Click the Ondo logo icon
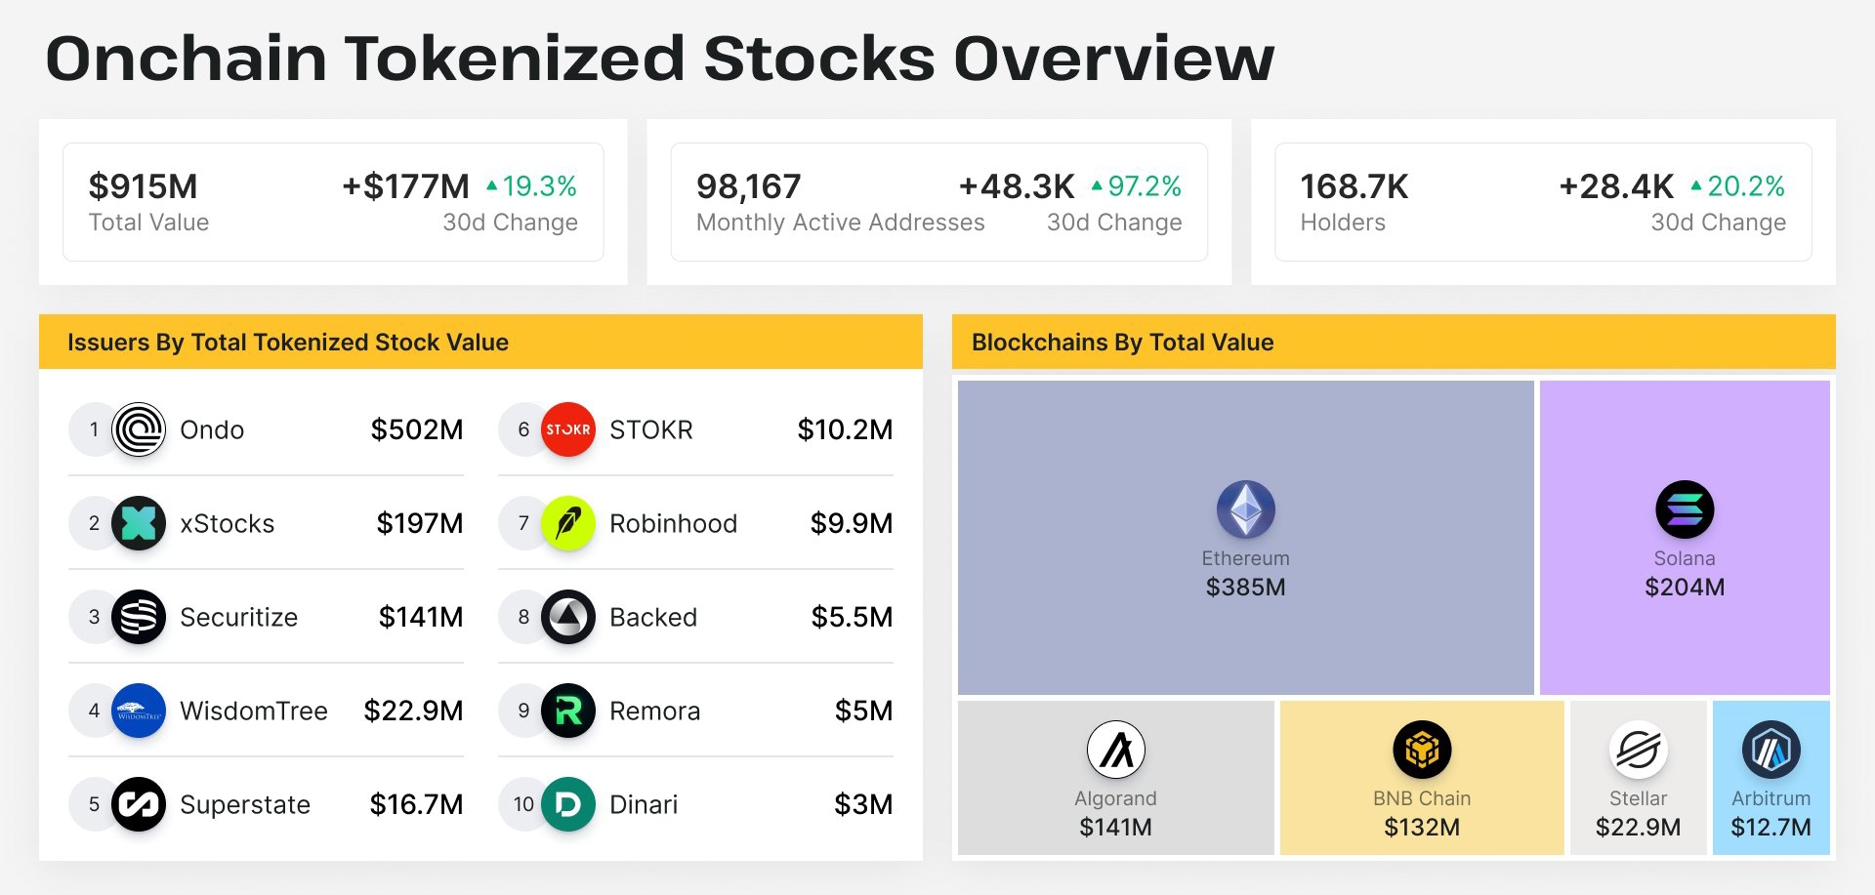(x=139, y=429)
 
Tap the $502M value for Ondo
(x=417, y=429)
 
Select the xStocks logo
(x=139, y=523)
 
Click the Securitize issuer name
(x=239, y=617)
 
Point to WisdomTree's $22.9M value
(x=413, y=711)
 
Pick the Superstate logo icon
(x=139, y=804)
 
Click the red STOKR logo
(x=568, y=429)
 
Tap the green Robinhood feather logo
(x=568, y=523)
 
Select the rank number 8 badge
(x=523, y=617)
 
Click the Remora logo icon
(x=568, y=711)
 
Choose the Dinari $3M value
(x=863, y=804)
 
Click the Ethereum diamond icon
(x=1246, y=509)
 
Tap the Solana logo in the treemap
(x=1685, y=509)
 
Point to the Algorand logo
(x=1116, y=750)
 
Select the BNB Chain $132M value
(x=1422, y=828)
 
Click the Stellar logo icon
(x=1639, y=750)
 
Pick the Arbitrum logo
(x=1771, y=750)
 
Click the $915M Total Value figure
(x=144, y=185)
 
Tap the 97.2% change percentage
(x=1145, y=185)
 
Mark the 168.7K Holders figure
(x=1354, y=185)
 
